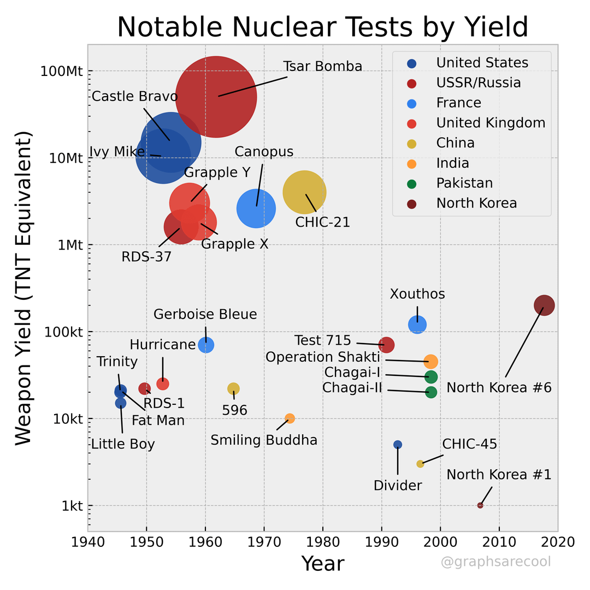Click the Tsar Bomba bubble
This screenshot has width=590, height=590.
[216, 97]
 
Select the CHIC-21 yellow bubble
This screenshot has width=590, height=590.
[304, 192]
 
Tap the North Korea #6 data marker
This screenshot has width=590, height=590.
[544, 305]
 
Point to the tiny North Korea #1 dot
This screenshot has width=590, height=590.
[480, 505]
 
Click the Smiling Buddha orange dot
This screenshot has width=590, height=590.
[290, 418]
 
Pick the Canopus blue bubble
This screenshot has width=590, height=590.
[256, 208]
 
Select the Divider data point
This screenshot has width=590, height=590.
[398, 445]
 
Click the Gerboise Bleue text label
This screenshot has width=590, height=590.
[205, 315]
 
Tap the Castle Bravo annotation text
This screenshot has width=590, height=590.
[134, 97]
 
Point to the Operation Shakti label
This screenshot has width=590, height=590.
[322, 357]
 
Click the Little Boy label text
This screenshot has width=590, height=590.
[123, 444]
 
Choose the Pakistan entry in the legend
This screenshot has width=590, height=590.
[464, 183]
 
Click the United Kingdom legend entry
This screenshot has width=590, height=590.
[490, 123]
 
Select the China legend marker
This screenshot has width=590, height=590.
[412, 144]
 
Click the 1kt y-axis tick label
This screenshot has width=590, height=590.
[72, 506]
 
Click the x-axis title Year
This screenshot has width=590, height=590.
[323, 563]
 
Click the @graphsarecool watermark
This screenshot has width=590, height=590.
[495, 562]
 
